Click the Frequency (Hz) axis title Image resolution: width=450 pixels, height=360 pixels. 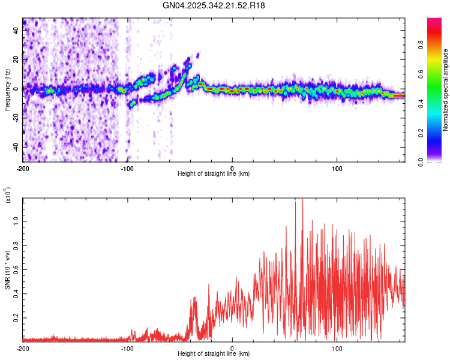7,89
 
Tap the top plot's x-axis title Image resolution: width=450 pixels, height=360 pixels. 214,173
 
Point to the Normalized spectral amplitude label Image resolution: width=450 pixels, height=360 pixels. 445,89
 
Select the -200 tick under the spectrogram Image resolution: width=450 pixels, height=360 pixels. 23,167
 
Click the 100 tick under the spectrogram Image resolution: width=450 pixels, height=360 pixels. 337,167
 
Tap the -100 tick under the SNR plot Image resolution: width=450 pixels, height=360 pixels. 127,347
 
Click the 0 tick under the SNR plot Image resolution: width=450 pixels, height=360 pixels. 232,347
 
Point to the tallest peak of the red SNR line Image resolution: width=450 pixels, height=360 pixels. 302,199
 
